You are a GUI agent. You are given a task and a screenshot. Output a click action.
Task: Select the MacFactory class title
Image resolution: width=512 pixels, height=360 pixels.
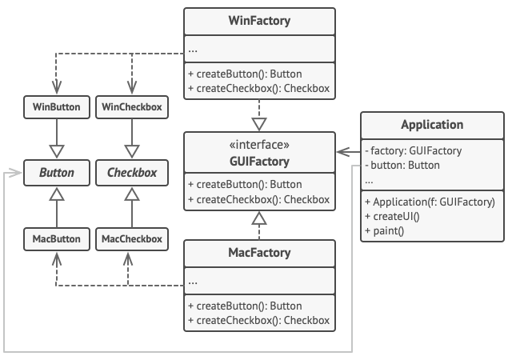point(259,254)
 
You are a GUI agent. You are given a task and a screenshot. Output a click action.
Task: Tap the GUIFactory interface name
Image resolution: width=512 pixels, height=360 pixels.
point(259,159)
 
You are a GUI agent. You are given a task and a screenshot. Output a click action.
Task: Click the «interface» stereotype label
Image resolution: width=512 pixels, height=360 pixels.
point(259,145)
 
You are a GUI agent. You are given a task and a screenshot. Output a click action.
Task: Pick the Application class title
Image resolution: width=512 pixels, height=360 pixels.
point(432,125)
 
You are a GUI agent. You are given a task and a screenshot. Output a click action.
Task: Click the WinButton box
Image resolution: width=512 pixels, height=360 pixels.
point(56,106)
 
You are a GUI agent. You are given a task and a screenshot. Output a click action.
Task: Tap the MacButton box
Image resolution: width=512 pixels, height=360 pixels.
point(56,238)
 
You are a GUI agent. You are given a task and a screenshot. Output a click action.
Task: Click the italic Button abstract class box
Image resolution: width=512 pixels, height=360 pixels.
point(56,172)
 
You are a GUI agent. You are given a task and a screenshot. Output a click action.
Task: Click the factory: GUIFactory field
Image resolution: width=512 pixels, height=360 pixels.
point(413,150)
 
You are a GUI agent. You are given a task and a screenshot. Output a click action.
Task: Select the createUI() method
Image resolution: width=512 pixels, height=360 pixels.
point(393,217)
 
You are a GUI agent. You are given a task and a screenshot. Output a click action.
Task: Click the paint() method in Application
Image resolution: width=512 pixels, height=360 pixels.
point(384,232)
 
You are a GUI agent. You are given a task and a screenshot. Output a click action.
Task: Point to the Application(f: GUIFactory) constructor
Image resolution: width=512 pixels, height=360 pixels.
point(430,202)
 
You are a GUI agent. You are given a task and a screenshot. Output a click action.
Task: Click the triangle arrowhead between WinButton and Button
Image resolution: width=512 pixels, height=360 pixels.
point(56,150)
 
